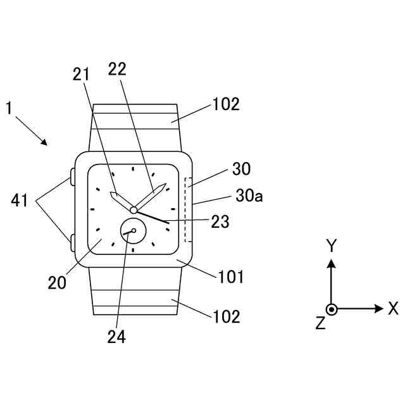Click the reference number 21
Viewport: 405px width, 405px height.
click(81, 75)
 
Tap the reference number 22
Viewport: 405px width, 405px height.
click(118, 69)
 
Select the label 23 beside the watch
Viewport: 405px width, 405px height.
click(220, 221)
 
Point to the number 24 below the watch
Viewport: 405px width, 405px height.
click(116, 337)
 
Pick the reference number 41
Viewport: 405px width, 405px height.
click(19, 202)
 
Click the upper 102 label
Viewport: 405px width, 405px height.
click(225, 104)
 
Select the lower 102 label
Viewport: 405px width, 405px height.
click(225, 316)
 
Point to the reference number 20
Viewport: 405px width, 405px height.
click(57, 282)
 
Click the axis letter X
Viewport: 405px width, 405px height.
click(393, 309)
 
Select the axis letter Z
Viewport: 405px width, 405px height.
click(320, 324)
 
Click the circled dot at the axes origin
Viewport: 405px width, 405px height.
click(331, 309)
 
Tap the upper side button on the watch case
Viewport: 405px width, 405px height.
click(72, 175)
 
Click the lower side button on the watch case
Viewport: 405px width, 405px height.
click(72, 240)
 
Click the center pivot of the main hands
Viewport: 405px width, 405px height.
click(134, 210)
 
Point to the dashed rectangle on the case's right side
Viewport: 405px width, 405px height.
click(185, 210)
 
